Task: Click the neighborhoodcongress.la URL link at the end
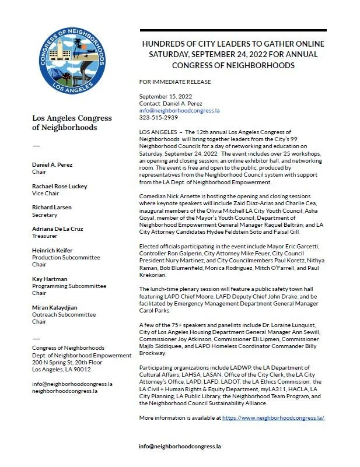pos(273,418)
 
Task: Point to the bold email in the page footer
pos(180,447)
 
